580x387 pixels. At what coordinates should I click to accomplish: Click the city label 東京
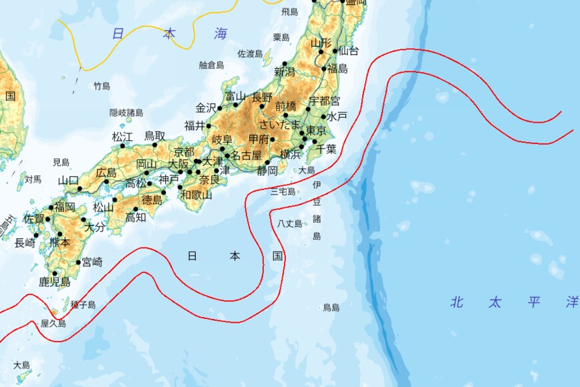315,130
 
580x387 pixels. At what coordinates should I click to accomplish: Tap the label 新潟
284,72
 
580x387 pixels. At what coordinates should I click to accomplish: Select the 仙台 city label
349,51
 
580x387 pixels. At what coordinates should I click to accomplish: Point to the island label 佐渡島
251,53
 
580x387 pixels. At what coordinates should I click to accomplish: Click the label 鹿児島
55,282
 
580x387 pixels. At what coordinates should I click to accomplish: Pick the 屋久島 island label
53,323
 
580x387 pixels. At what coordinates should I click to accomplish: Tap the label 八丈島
290,224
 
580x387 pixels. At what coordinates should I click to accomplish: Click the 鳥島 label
331,308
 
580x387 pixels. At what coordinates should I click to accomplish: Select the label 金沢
205,107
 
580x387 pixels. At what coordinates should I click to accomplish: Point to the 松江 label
123,137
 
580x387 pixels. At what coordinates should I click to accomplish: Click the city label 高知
135,216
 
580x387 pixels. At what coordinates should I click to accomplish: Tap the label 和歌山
196,195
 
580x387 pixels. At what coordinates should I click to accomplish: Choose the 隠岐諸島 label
127,113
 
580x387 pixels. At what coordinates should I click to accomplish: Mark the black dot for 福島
325,68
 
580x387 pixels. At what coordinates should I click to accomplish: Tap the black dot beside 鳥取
155,144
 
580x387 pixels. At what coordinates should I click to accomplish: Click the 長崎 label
25,243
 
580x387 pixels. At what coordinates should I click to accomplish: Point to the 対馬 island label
33,179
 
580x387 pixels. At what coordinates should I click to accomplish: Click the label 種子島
83,305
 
